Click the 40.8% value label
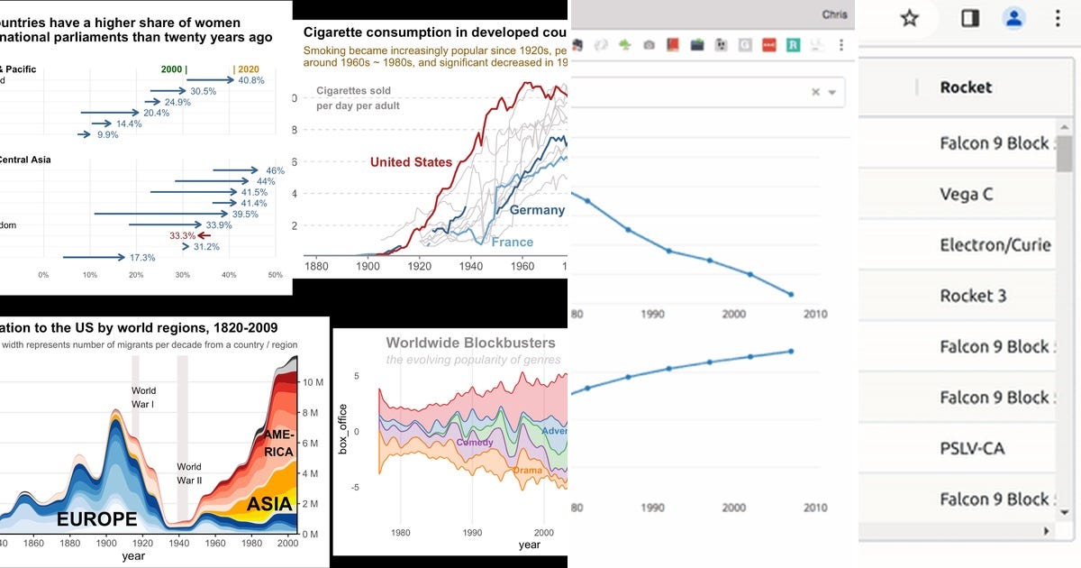pyautogui.click(x=251, y=80)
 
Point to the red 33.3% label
pyautogui.click(x=183, y=235)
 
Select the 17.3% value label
pyautogui.click(x=142, y=258)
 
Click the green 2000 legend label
pyautogui.click(x=172, y=69)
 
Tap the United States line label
pyautogui.click(x=411, y=162)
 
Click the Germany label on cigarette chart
pyautogui.click(x=537, y=210)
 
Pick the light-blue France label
pyautogui.click(x=512, y=242)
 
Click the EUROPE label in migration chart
pyautogui.click(x=96, y=519)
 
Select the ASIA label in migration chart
pyautogui.click(x=269, y=504)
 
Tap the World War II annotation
pyautogui.click(x=189, y=473)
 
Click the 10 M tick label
pyautogui.click(x=312, y=383)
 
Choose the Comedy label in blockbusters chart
pyautogui.click(x=475, y=443)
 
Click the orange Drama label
pyautogui.click(x=528, y=471)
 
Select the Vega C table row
pyautogui.click(x=966, y=194)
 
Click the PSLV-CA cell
pyautogui.click(x=971, y=448)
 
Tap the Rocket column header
pyautogui.click(x=966, y=87)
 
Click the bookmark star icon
pyautogui.click(x=910, y=18)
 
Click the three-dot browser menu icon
pyautogui.click(x=1057, y=18)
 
